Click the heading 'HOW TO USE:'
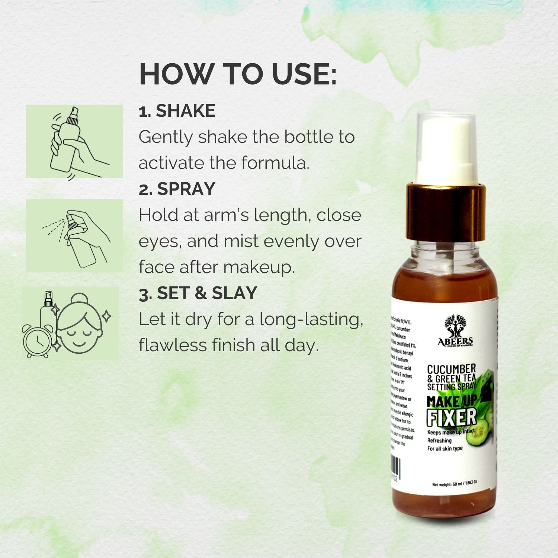(x=238, y=74)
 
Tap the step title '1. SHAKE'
(x=177, y=111)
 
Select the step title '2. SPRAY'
(x=177, y=189)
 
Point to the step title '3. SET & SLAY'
(x=198, y=293)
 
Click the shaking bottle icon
(x=74, y=141)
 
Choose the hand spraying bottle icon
(x=74, y=235)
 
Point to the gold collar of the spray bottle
(x=446, y=212)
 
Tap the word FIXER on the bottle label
(x=451, y=417)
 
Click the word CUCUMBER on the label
(x=451, y=369)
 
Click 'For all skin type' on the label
(x=445, y=449)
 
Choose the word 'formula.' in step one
(x=275, y=163)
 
